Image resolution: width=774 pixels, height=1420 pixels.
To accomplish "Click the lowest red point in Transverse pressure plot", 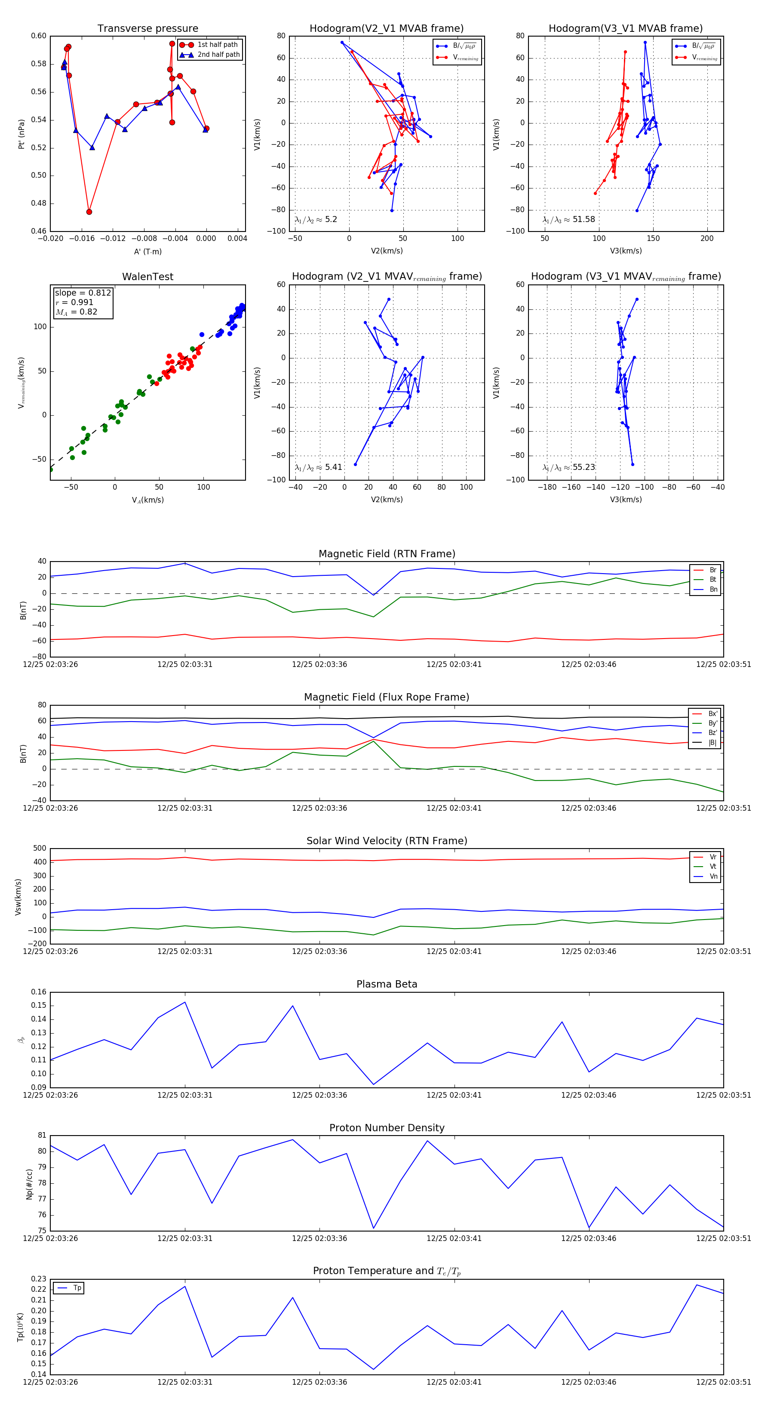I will click(x=89, y=212).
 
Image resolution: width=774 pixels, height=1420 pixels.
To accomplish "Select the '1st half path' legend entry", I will click(x=218, y=45).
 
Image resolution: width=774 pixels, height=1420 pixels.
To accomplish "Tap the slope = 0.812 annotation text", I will click(x=83, y=293).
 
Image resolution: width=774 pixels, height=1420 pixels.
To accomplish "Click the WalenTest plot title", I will click(x=147, y=277).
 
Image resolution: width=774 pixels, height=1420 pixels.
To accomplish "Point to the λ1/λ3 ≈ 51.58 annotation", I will click(x=569, y=219).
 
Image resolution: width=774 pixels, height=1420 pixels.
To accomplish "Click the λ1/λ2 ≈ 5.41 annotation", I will click(x=318, y=467).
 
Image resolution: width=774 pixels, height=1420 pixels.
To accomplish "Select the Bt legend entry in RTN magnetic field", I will click(x=713, y=579).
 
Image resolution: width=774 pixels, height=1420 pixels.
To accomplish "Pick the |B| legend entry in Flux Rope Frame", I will click(x=713, y=743).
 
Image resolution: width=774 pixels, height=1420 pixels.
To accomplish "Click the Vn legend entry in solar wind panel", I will click(x=713, y=877).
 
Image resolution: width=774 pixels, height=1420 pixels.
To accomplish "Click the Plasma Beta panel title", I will click(x=387, y=985).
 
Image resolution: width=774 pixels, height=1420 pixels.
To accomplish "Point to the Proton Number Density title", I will click(x=387, y=1128).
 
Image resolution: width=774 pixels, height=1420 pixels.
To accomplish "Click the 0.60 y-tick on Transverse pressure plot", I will click(x=39, y=36).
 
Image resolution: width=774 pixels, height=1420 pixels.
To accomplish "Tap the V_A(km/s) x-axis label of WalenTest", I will click(x=147, y=500).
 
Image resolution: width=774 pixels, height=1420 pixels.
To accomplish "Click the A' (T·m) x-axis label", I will click(x=147, y=251).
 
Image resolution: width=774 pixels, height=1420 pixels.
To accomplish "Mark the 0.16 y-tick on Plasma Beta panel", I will click(x=39, y=992).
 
